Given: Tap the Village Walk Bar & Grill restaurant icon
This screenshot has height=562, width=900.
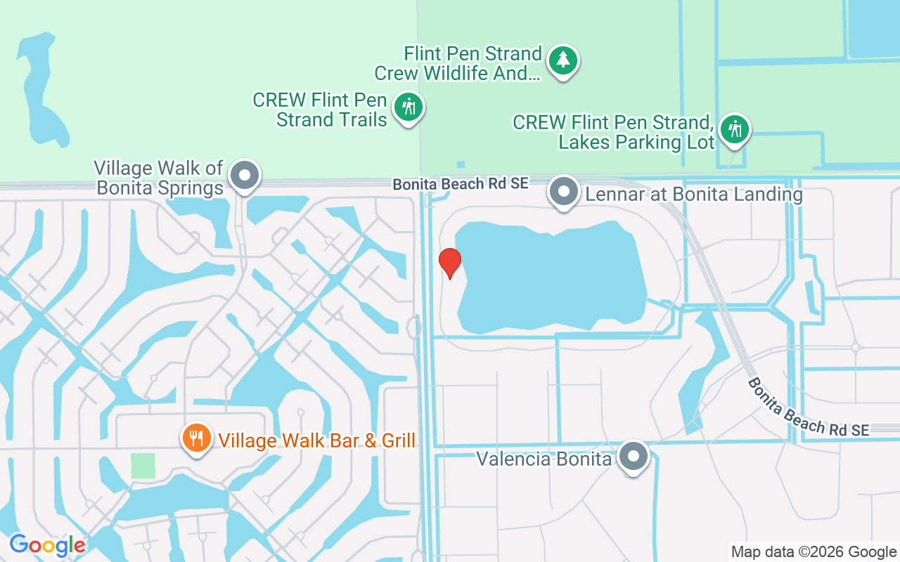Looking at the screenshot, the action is click(x=196, y=438).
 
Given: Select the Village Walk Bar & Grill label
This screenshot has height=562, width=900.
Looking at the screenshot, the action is click(x=316, y=440).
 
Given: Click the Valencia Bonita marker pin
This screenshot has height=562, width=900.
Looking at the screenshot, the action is click(x=634, y=457).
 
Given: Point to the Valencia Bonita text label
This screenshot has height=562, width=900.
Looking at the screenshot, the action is click(x=544, y=459).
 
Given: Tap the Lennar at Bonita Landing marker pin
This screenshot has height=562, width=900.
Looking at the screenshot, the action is click(x=563, y=191).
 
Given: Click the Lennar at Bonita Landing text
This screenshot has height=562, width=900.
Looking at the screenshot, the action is click(x=693, y=194).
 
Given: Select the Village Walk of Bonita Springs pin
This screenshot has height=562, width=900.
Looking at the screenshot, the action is click(x=245, y=176).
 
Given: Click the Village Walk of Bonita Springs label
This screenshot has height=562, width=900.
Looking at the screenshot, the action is click(x=160, y=178).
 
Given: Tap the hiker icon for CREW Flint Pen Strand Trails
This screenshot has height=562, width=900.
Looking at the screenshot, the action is click(x=409, y=107).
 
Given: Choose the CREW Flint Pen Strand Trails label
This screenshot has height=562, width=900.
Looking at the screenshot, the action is click(x=321, y=110).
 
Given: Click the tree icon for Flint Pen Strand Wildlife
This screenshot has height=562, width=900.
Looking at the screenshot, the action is click(x=562, y=60).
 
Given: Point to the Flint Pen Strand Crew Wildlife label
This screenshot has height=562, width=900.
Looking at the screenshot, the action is click(x=458, y=63).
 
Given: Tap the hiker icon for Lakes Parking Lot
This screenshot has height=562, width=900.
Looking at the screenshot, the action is click(x=735, y=129).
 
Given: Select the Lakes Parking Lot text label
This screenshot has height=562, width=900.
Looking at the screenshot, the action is click(x=614, y=132).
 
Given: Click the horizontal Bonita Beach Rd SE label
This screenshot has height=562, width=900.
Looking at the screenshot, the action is click(x=460, y=184).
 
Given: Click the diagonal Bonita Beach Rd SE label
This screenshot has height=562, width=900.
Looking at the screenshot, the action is click(x=808, y=407).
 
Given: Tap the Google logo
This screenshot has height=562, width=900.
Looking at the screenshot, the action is click(x=47, y=545).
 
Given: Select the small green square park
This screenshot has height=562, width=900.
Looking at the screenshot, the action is click(x=143, y=466).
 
